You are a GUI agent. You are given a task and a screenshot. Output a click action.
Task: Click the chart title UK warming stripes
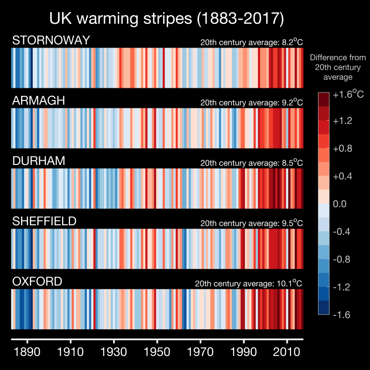click(166, 19)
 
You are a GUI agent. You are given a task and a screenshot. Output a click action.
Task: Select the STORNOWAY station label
click(51, 41)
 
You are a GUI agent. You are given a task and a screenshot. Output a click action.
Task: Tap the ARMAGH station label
click(38, 101)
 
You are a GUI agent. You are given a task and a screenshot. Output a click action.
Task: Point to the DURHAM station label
click(39, 161)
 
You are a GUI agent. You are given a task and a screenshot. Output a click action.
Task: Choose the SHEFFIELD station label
click(44, 221)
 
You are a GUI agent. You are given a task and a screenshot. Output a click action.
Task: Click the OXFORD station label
click(37, 282)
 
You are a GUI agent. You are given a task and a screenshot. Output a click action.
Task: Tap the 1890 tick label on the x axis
click(28, 352)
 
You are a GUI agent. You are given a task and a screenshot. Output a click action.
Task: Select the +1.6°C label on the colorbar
click(348, 94)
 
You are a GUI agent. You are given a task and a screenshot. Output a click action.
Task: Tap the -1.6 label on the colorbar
click(343, 314)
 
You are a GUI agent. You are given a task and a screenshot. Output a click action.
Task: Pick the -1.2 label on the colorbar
click(343, 287)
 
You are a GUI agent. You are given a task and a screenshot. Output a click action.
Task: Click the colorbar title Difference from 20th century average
click(334, 67)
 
